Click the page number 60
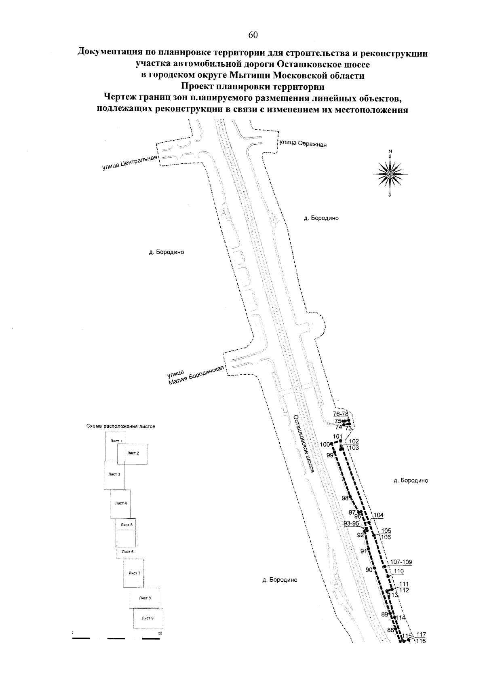(253, 35)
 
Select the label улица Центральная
(129, 163)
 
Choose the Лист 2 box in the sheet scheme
(133, 454)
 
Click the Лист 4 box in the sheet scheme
(121, 503)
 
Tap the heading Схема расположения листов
(121, 426)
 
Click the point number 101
(337, 436)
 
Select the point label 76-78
(341, 414)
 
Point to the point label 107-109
(401, 562)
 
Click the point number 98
(345, 498)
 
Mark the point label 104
(378, 515)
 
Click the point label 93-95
(351, 523)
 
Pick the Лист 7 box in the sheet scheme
(134, 573)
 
